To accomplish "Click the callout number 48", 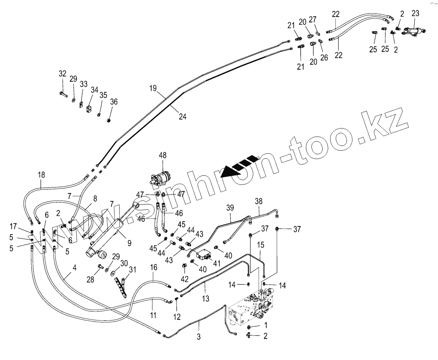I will pyautogui.click(x=163, y=156).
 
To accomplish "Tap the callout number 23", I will pyautogui.click(x=415, y=13).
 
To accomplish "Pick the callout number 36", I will pyautogui.click(x=113, y=102).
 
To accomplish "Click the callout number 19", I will pyautogui.click(x=153, y=88).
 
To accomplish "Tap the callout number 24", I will pyautogui.click(x=183, y=116).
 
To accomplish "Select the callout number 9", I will pyautogui.click(x=129, y=243).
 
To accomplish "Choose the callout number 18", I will pyautogui.click(x=41, y=175).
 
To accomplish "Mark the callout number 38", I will pyautogui.click(x=258, y=201).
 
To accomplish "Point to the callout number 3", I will pyautogui.click(x=198, y=336).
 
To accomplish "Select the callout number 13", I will pyautogui.click(x=206, y=298).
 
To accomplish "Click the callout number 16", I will pyautogui.click(x=154, y=267).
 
